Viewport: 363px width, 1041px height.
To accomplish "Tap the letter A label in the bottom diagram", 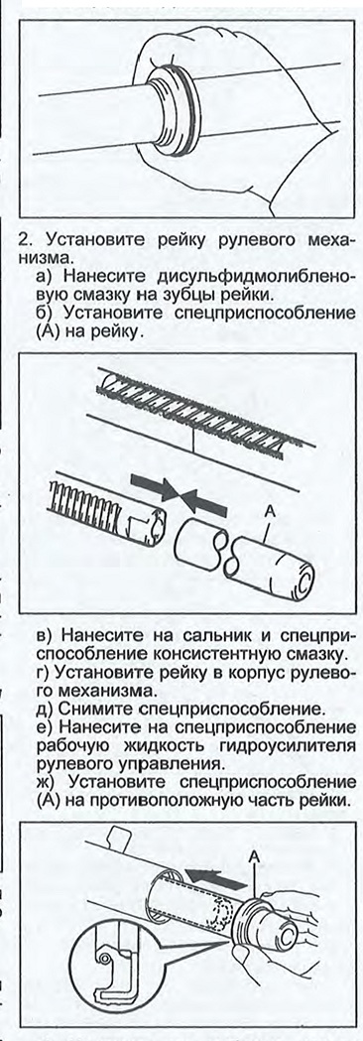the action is [x=254, y=856].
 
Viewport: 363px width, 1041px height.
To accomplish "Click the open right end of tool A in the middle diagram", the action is [x=304, y=576].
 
